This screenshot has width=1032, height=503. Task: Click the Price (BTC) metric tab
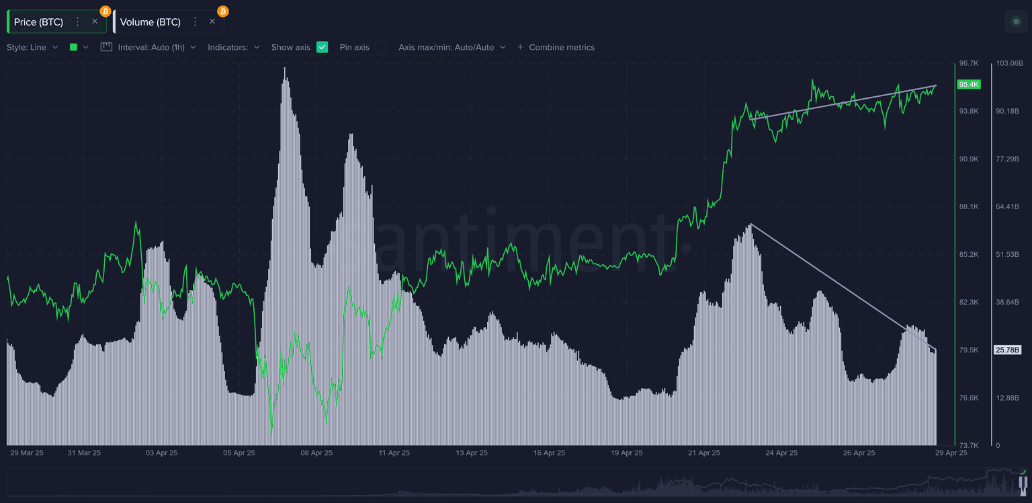(x=38, y=22)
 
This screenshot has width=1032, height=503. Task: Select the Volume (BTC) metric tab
(x=150, y=22)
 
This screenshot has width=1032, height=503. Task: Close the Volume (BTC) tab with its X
(x=212, y=22)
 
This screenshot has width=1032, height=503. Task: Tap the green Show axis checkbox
(x=322, y=47)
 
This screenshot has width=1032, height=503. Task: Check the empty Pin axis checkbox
(x=381, y=47)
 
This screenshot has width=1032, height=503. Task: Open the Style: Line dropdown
(x=32, y=47)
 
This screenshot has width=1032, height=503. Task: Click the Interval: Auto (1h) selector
(x=148, y=47)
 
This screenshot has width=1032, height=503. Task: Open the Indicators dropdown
(x=233, y=47)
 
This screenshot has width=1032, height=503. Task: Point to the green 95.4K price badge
(x=970, y=85)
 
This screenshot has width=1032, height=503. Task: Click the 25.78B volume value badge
(x=1008, y=350)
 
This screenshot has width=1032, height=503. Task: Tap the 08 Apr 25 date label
(x=316, y=453)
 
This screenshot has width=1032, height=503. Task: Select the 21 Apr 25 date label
(x=704, y=453)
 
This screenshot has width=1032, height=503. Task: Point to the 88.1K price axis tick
(x=969, y=206)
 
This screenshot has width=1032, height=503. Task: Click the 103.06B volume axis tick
(x=1009, y=63)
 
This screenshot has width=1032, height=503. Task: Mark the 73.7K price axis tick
(x=969, y=445)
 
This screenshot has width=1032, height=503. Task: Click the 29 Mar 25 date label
(x=27, y=453)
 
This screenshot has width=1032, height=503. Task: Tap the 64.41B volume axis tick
(x=1008, y=206)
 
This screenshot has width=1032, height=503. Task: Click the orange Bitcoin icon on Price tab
(x=105, y=11)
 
